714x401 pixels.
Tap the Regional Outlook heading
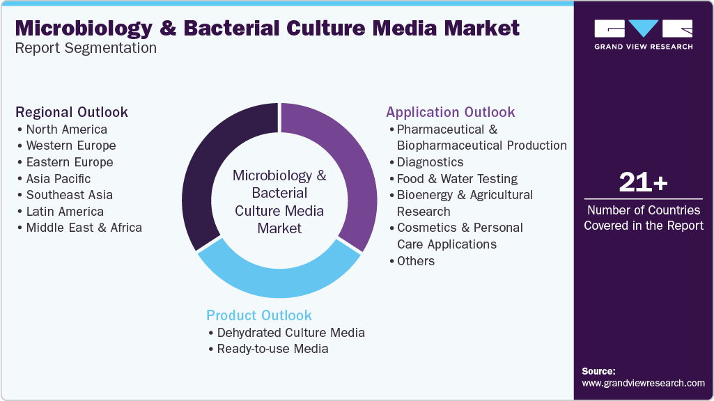[x=72, y=112]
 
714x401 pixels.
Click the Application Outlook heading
[x=451, y=112]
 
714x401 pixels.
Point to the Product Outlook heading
[x=258, y=315]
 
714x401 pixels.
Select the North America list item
[x=66, y=129]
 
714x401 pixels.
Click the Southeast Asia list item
[x=69, y=195]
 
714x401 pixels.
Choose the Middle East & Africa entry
[x=84, y=228]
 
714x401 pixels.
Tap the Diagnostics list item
[x=430, y=162]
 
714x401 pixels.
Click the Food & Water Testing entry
[x=457, y=178]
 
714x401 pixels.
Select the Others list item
[x=416, y=261]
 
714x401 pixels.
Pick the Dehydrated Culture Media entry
[x=290, y=333]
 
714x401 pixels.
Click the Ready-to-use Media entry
[x=272, y=349]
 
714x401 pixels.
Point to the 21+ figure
[x=643, y=182]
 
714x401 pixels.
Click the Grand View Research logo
[x=644, y=34]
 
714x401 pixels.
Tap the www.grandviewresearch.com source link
[x=643, y=384]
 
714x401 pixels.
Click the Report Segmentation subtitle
[x=86, y=48]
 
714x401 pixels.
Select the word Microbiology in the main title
[x=84, y=29]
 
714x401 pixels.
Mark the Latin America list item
[x=65, y=211]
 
